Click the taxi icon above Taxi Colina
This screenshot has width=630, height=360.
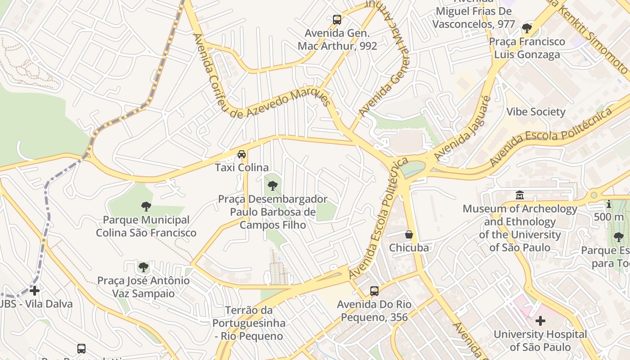click(242, 154)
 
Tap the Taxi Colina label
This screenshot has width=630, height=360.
click(242, 168)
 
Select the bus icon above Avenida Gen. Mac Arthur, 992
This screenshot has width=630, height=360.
click(337, 20)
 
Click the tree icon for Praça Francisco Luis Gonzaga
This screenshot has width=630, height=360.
click(526, 28)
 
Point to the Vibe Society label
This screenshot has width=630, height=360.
click(535, 112)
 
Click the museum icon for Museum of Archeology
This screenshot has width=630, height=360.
click(520, 195)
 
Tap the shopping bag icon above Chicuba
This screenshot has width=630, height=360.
click(409, 234)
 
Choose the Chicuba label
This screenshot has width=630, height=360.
click(409, 248)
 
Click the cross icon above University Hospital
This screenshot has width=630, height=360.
click(540, 321)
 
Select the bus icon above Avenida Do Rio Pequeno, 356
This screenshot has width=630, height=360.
click(374, 291)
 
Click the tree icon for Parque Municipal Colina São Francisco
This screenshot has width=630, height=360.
click(146, 207)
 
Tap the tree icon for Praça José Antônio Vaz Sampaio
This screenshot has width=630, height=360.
click(144, 267)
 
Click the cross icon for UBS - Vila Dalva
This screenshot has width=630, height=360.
click(35, 290)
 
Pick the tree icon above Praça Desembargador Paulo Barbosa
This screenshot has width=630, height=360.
click(272, 185)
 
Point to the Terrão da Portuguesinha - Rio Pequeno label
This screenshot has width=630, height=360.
click(249, 323)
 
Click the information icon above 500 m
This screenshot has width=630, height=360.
click(609, 204)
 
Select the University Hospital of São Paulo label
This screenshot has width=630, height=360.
click(540, 341)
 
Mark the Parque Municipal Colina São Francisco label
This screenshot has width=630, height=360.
click(146, 226)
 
